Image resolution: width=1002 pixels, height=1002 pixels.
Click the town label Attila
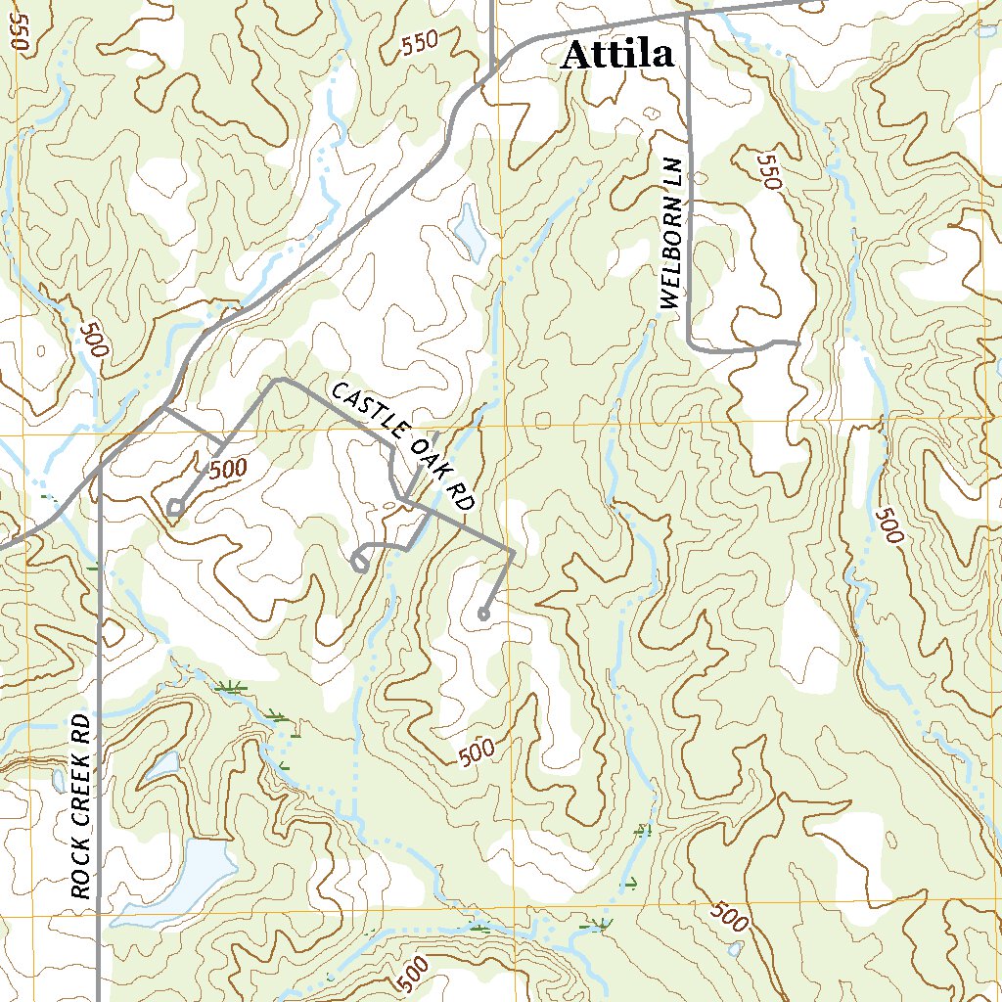616,55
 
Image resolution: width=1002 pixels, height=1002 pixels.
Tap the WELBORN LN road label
669,233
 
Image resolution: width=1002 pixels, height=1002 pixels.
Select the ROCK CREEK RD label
81,805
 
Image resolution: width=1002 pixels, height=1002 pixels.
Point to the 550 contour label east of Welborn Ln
770,172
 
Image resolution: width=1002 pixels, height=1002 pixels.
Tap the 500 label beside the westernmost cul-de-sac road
227,469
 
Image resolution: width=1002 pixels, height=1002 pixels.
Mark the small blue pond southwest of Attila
469,231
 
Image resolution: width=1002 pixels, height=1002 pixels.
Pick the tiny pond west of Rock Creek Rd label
59,780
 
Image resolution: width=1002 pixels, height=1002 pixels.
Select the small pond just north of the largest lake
162,766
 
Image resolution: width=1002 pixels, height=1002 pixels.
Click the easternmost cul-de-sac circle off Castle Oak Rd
482,615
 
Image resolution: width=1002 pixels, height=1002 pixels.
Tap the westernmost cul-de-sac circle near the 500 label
174,506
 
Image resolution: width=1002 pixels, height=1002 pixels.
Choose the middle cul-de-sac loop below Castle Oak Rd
359,562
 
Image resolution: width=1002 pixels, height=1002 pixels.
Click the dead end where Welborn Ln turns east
797,343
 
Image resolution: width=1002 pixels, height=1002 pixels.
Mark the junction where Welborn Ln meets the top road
687,14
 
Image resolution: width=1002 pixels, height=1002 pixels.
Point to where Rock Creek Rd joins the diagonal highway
101,469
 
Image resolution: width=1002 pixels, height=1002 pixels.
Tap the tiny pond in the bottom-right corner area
735,948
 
